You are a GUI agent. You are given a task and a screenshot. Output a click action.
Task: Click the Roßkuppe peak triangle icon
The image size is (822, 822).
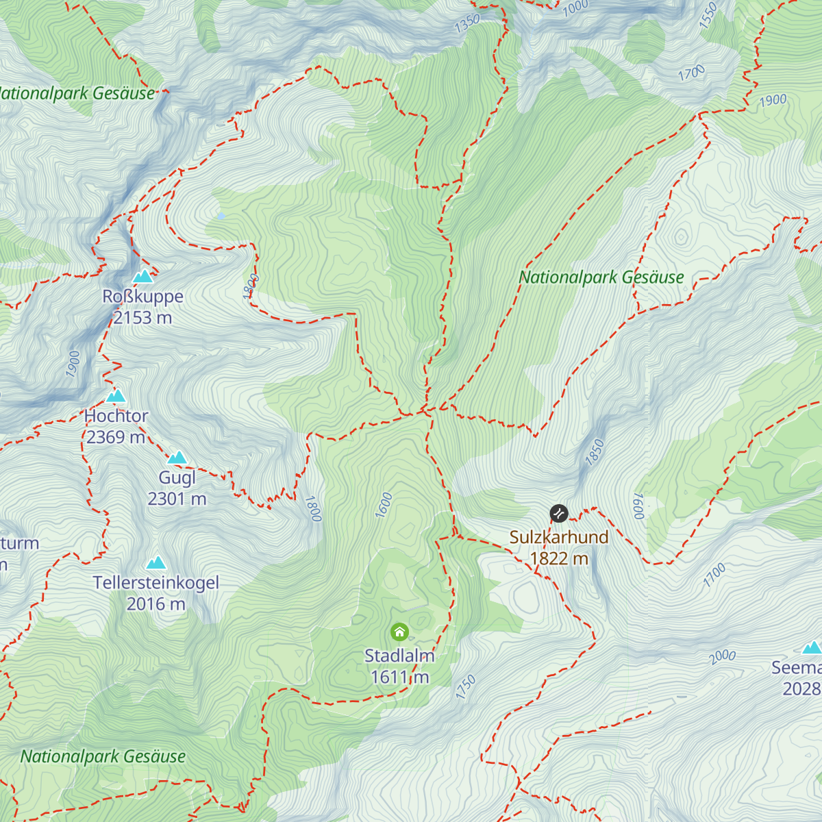(x=143, y=277)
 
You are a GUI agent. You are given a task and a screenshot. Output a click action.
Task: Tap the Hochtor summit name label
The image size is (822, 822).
(x=116, y=416)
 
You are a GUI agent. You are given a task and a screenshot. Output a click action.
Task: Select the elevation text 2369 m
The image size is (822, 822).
(x=116, y=437)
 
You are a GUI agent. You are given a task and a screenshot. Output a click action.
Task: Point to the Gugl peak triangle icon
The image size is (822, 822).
(x=177, y=458)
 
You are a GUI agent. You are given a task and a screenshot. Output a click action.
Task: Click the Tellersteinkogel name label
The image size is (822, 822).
(x=156, y=583)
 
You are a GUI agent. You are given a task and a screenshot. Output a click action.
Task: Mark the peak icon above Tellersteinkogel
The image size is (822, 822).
(x=156, y=563)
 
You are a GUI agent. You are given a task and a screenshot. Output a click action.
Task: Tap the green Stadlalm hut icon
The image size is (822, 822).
(x=399, y=632)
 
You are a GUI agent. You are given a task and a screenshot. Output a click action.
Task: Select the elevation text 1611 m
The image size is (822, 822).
(x=399, y=677)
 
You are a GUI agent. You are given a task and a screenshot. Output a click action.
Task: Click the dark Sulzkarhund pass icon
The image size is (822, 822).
(x=559, y=513)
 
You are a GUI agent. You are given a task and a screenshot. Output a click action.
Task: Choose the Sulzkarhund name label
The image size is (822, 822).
(x=559, y=537)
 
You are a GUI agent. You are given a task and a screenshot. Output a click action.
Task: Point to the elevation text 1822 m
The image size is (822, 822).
(x=559, y=559)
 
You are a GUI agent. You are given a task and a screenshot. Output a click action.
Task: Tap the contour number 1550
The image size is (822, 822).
(x=708, y=15)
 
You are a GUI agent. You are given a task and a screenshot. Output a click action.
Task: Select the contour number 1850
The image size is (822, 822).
(x=595, y=453)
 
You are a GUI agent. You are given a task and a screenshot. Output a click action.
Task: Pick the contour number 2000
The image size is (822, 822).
(x=722, y=657)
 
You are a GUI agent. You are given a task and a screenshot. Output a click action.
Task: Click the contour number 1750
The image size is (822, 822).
(x=466, y=687)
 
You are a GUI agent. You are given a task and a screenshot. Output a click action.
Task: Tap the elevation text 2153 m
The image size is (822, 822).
(x=142, y=318)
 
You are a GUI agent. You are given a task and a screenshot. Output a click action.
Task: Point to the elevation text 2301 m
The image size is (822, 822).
(x=177, y=499)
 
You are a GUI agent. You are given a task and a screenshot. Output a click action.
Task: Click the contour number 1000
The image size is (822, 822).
(x=575, y=7)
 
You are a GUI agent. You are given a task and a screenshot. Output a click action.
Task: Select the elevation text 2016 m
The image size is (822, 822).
(x=155, y=604)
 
